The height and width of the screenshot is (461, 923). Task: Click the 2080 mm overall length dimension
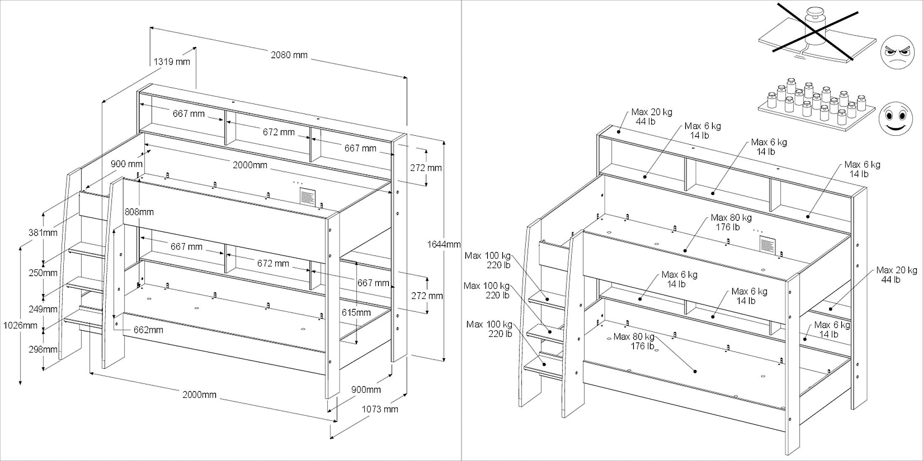(x=289, y=55)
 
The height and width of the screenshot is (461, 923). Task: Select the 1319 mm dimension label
(x=172, y=62)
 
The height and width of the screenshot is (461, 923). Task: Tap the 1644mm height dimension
(x=443, y=244)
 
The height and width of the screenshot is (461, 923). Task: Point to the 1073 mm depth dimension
(x=380, y=409)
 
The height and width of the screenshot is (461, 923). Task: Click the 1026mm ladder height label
(x=20, y=325)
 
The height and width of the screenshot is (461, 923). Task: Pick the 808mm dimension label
(x=139, y=212)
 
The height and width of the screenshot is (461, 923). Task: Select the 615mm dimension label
(x=356, y=313)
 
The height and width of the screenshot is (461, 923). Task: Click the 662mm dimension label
(x=148, y=330)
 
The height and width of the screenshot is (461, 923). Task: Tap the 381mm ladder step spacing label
(x=43, y=233)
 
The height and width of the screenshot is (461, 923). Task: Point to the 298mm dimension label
(x=43, y=349)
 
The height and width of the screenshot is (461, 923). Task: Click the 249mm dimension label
(x=43, y=309)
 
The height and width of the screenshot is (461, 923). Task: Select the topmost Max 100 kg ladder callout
(x=488, y=260)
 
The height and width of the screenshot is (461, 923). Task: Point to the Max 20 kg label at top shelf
(x=651, y=117)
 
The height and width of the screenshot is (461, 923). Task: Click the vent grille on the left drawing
(x=308, y=196)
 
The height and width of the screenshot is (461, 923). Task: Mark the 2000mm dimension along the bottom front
(x=199, y=395)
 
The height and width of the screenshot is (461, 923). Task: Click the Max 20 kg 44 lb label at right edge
(x=896, y=275)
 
